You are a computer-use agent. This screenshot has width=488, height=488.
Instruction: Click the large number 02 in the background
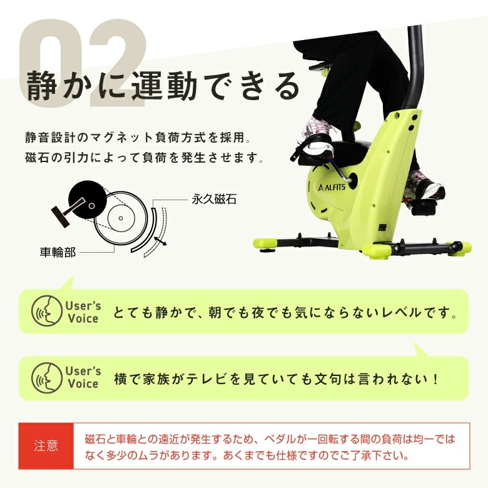click(x=81, y=59)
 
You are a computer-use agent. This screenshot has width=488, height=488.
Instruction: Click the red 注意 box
click(x=46, y=446)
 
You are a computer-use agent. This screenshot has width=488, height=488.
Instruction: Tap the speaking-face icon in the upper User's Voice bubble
click(x=46, y=311)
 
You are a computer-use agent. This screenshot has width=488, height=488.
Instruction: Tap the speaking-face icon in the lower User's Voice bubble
click(x=46, y=378)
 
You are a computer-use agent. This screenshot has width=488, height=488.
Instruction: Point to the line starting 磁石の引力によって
click(x=142, y=157)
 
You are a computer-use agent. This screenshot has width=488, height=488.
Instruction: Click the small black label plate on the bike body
click(x=382, y=228)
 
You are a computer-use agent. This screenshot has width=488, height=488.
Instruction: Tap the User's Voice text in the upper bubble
click(x=83, y=312)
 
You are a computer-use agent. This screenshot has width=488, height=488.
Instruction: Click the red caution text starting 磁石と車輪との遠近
click(x=269, y=446)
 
